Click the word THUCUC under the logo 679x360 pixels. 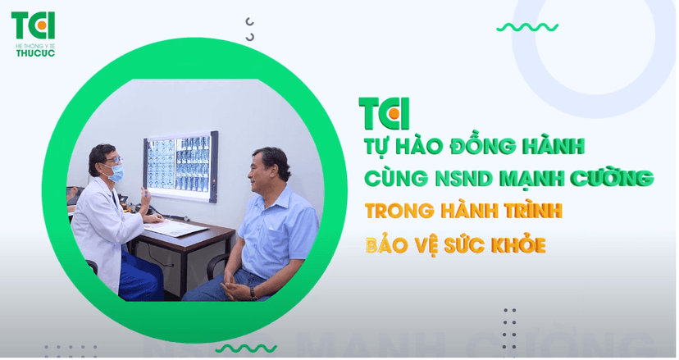pos(35,53)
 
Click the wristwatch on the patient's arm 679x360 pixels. pos(252,290)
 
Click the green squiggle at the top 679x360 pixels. pos(526,27)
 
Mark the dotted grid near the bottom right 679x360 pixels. pos(509,327)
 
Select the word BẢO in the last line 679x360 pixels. pos(390,244)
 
